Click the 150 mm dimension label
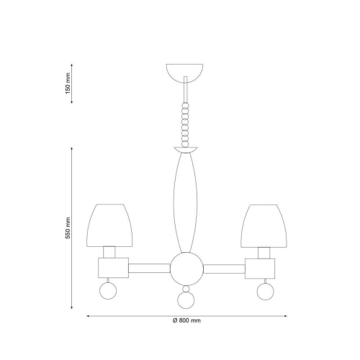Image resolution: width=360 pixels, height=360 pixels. [68, 84]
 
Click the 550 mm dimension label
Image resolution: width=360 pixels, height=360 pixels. [68, 228]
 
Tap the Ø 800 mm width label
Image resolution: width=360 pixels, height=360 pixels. [186, 320]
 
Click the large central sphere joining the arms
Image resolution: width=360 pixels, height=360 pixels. [186, 269]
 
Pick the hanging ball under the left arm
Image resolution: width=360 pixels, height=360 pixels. [108, 291]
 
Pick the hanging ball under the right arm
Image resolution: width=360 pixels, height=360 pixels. [265, 292]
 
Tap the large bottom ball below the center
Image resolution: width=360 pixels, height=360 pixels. [186, 300]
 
